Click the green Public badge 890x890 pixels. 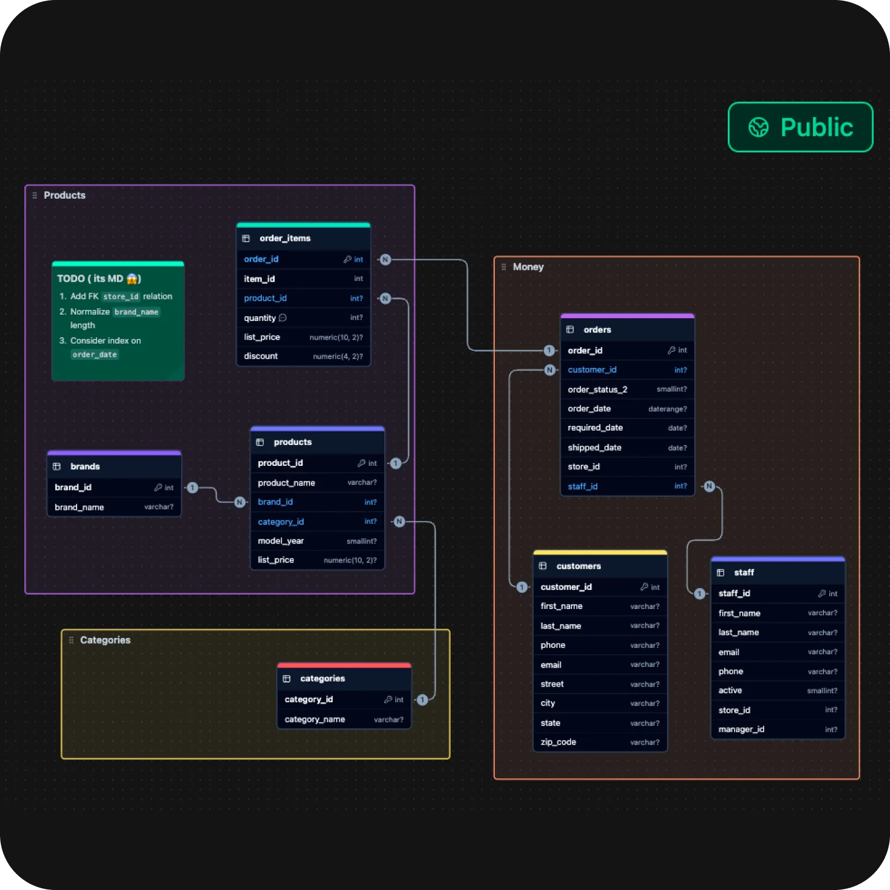pos(800,127)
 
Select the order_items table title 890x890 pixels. pos(285,238)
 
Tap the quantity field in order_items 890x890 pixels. pos(260,318)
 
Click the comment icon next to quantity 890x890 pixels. pos(283,318)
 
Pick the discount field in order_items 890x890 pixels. pos(261,356)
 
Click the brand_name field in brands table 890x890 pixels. pos(79,507)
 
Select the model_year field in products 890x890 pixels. pos(280,541)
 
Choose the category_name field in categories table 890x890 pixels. pos(315,719)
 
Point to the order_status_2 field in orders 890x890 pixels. pos(597,389)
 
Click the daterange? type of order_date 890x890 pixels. pos(667,409)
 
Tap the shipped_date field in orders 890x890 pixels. pos(594,447)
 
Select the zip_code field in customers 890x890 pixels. pos(558,742)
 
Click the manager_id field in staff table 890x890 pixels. pos(741,729)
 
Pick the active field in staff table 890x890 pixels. pos(730,691)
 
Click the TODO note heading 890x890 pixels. pos(99,279)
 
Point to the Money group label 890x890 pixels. pos(528,267)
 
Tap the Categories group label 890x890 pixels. pos(105,640)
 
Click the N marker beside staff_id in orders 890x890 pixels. pos(710,486)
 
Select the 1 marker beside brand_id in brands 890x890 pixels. pos(192,488)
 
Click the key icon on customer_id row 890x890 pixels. pos(644,587)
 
